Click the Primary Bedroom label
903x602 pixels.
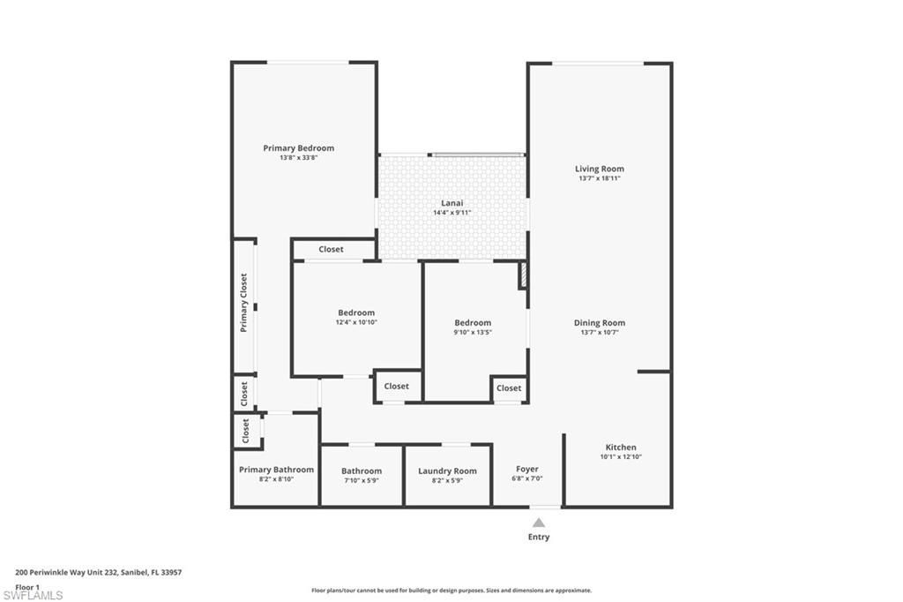click(x=299, y=148)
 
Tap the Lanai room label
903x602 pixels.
click(x=452, y=202)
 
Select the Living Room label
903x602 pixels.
click(x=600, y=169)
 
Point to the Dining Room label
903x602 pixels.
click(x=600, y=323)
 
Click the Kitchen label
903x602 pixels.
click(x=620, y=447)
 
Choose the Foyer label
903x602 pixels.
click(x=527, y=469)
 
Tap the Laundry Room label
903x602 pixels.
click(x=447, y=470)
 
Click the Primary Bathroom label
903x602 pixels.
click(x=276, y=470)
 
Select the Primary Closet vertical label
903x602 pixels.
click(x=244, y=303)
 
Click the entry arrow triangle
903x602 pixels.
click(x=539, y=523)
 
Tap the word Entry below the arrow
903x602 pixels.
click(x=539, y=537)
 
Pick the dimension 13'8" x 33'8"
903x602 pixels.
click(x=299, y=158)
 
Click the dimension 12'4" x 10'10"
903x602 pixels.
click(x=356, y=322)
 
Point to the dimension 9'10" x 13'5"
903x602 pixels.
click(x=473, y=333)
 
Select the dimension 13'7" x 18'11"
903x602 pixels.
click(x=600, y=178)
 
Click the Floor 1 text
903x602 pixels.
click(x=27, y=586)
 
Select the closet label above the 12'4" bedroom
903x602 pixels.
click(x=332, y=250)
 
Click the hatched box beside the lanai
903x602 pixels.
click(x=523, y=275)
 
